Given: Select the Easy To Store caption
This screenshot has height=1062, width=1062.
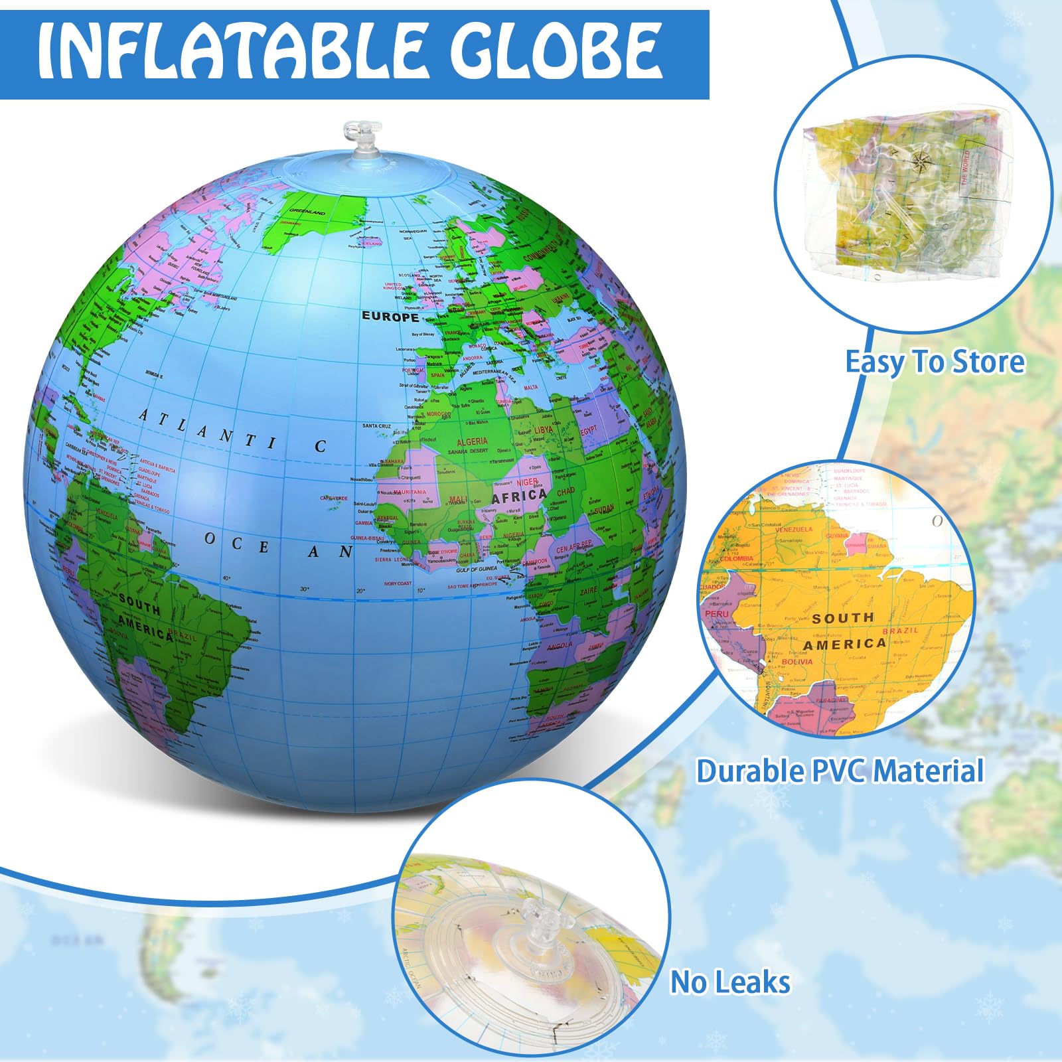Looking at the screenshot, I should point(935,362).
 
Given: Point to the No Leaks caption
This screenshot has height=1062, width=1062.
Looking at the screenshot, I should point(730,982).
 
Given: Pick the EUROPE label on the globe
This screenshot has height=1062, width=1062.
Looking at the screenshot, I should point(390,317).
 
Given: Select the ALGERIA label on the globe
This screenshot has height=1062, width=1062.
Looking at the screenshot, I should point(472,441).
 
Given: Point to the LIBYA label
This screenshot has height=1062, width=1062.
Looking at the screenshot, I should point(543,430).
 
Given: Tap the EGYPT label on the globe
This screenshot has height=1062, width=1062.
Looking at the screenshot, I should point(589,431).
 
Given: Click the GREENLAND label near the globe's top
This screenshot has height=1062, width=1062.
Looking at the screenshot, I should point(307,212).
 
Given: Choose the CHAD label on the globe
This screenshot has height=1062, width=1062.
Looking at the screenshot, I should point(566,492).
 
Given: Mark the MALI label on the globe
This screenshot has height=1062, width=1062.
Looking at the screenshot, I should point(458,500).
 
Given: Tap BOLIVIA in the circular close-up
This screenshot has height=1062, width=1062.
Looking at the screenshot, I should point(796,662).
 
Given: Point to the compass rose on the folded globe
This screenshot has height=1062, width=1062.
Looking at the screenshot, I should point(920,160).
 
